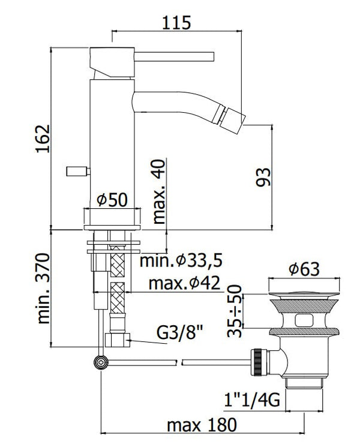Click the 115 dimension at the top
[x=176, y=23]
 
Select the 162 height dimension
[x=43, y=139]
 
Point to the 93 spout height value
[x=263, y=177]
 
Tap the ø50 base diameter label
[x=112, y=200]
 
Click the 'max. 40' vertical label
[x=159, y=191]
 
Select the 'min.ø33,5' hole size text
[x=181, y=260]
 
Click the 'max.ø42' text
[x=184, y=283]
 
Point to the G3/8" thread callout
[x=180, y=332]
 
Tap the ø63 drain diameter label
[x=304, y=269]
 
